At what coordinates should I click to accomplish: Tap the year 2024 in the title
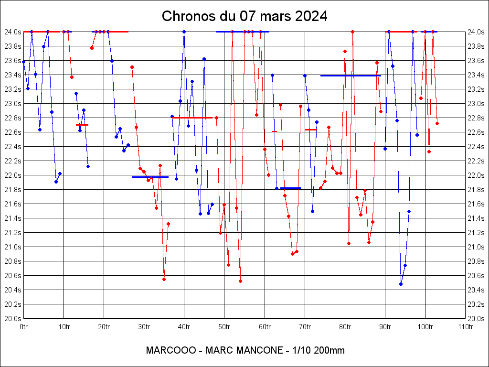pyautogui.click(x=311, y=16)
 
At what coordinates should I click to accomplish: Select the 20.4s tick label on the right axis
pyautogui.click(x=477, y=290)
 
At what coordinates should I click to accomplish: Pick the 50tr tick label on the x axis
pyautogui.click(x=224, y=327)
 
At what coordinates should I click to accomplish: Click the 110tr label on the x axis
pyautogui.click(x=465, y=327)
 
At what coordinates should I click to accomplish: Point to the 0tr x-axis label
pyautogui.click(x=24, y=327)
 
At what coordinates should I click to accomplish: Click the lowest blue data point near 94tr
pyautogui.click(x=401, y=284)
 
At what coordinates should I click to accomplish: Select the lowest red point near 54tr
pyautogui.click(x=240, y=281)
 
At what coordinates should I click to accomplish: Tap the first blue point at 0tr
pyautogui.click(x=23, y=62)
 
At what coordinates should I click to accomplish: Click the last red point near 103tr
pyautogui.click(x=437, y=123)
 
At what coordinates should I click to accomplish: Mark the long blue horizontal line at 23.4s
pyautogui.click(x=351, y=76)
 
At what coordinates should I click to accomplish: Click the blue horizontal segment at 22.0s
pyautogui.click(x=150, y=177)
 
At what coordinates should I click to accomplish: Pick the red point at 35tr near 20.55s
pyautogui.click(x=164, y=279)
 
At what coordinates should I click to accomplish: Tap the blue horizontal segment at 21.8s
pyautogui.click(x=290, y=188)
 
